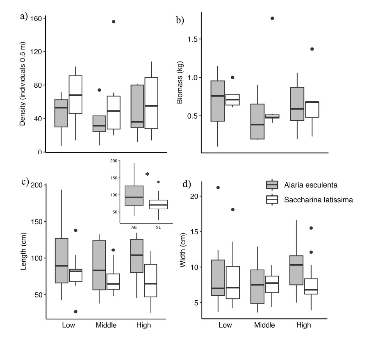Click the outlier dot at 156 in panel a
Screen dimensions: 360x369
(114, 22)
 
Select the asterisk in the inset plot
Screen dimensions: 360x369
(147, 175)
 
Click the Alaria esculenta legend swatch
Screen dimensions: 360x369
(272, 185)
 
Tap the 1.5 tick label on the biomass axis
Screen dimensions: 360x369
(192, 39)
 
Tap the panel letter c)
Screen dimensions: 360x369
(25, 182)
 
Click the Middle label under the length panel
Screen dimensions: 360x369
(106, 325)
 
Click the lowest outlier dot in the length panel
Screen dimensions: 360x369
(64, 312)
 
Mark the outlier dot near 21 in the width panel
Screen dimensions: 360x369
(218, 188)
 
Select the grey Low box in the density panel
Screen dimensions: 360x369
(61, 113)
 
